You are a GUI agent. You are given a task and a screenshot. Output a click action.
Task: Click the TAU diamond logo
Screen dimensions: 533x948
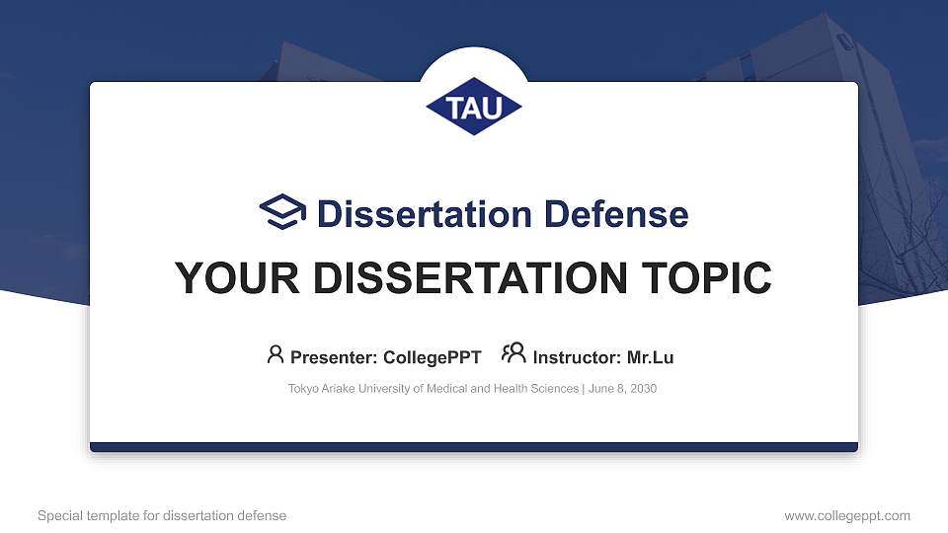[474, 107]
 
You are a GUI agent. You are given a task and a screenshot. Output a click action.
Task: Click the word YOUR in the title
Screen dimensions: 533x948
[227, 279]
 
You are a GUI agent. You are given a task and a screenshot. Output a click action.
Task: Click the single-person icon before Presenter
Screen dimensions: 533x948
[276, 354]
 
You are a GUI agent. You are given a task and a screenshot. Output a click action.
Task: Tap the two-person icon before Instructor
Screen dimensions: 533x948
[513, 354]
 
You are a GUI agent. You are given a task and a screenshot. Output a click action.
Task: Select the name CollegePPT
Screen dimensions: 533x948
[432, 357]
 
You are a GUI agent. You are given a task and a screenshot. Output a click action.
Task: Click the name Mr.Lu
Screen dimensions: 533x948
[650, 357]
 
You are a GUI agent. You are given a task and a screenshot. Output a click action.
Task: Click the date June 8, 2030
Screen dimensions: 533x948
[622, 389]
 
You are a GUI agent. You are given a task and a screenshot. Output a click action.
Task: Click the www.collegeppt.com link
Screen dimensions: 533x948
[847, 515]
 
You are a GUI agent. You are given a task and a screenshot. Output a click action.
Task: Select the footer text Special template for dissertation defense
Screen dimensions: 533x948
[162, 515]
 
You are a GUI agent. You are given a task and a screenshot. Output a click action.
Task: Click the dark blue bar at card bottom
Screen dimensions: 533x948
[474, 447]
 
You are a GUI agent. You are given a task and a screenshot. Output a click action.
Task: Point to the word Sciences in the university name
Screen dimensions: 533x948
[556, 389]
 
